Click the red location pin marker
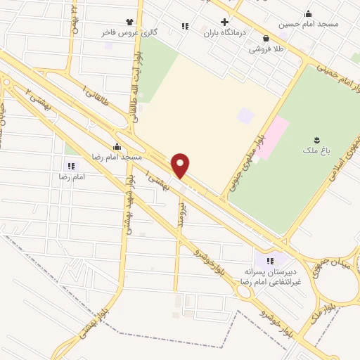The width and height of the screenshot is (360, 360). pyautogui.click(x=181, y=165)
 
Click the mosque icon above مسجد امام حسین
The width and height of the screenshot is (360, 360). pyautogui.click(x=308, y=13)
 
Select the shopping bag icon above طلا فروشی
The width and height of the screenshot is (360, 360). pyautogui.click(x=266, y=39)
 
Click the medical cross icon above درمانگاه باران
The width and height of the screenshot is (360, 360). pyautogui.click(x=224, y=22)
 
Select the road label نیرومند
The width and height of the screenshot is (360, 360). pyautogui.click(x=181, y=210)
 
